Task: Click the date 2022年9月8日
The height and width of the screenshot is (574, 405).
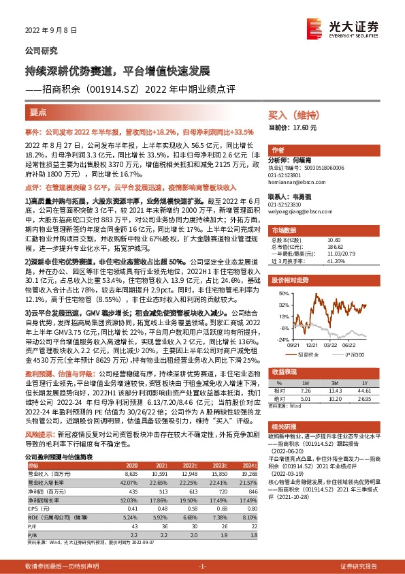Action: (48, 31)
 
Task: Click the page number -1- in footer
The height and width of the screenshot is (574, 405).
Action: (202, 566)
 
